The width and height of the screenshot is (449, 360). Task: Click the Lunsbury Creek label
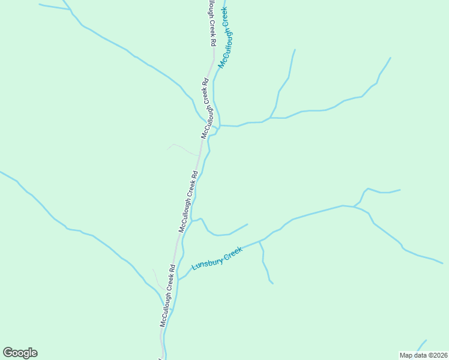pos(217,258)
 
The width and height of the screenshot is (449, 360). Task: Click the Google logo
pos(20,353)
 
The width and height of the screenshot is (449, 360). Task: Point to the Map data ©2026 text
pos(424,355)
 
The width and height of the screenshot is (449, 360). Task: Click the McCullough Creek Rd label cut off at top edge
pos(211,23)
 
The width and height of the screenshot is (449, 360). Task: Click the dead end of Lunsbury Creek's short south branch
pos(273,283)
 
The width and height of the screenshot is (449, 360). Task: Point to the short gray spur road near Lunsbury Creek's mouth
pos(156,277)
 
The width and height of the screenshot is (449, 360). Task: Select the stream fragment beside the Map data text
pos(421,344)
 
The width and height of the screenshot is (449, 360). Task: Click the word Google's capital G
pos(8,353)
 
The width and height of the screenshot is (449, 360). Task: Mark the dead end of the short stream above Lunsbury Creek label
pos(247,224)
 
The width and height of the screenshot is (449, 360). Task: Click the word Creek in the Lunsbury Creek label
pos(232,253)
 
